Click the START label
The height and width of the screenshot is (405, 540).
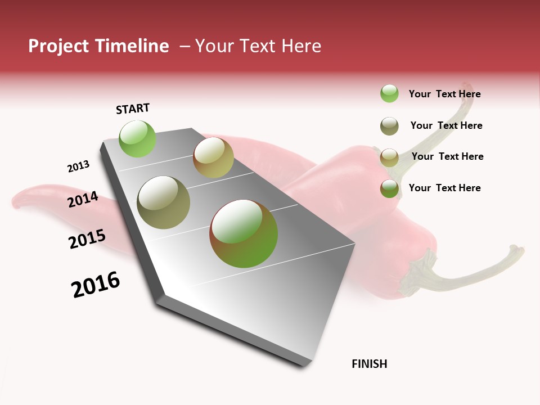click(x=133, y=109)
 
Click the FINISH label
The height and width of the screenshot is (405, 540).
click(x=369, y=364)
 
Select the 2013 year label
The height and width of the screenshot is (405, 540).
click(x=78, y=166)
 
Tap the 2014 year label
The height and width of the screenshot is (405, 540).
click(x=83, y=199)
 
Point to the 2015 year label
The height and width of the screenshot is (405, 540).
click(x=87, y=239)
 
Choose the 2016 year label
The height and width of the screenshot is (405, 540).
click(x=96, y=285)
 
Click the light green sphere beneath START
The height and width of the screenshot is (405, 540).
click(x=137, y=138)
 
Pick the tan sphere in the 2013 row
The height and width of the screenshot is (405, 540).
click(x=213, y=157)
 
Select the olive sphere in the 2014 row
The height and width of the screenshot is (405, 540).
click(x=163, y=202)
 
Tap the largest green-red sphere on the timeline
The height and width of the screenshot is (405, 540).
click(x=244, y=233)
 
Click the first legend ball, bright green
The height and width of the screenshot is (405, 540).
click(x=389, y=93)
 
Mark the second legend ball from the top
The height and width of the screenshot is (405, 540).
click(x=389, y=126)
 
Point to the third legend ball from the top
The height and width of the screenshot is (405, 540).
click(x=389, y=157)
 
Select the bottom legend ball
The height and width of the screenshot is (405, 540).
click(x=389, y=188)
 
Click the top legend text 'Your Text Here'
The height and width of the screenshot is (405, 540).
click(x=444, y=94)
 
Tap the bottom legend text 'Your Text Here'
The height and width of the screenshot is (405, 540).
click(x=444, y=188)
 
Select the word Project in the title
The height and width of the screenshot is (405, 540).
click(x=59, y=46)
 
